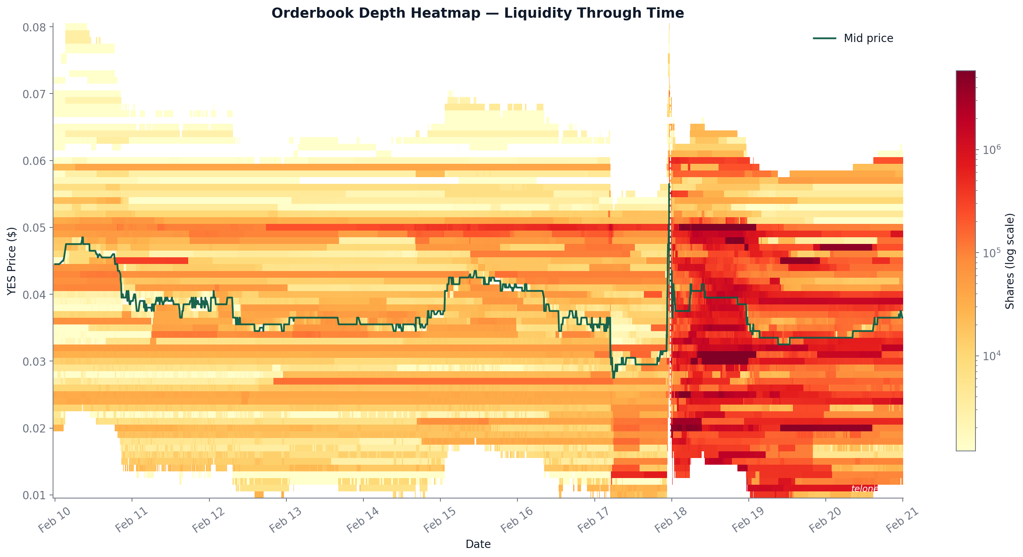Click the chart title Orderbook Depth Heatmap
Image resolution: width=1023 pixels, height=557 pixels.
pyautogui.click(x=477, y=13)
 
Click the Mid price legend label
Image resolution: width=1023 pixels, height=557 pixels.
pyautogui.click(x=868, y=38)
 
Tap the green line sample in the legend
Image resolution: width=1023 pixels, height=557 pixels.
pyautogui.click(x=825, y=38)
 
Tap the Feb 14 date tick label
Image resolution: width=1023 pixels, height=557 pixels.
pyautogui.click(x=363, y=520)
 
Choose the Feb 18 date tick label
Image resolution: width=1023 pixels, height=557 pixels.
pyautogui.click(x=671, y=520)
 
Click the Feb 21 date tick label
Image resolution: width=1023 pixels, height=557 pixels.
pyautogui.click(x=902, y=520)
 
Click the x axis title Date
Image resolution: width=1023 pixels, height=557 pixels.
pyautogui.click(x=478, y=544)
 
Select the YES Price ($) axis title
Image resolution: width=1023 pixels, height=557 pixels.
pyautogui.click(x=11, y=261)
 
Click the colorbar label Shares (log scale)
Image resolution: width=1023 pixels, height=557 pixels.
pyautogui.click(x=1010, y=261)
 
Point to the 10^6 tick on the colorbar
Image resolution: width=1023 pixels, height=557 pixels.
pyautogui.click(x=991, y=150)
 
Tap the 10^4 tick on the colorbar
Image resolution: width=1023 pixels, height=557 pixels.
pyautogui.click(x=991, y=356)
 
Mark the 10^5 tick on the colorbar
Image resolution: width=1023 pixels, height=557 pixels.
pyautogui.click(x=991, y=253)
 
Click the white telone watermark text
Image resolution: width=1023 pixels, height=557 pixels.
pyautogui.click(x=864, y=489)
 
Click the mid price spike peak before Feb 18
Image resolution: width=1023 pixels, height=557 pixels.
pyautogui.click(x=669, y=185)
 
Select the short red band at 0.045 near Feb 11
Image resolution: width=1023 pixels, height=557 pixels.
pyautogui.click(x=151, y=261)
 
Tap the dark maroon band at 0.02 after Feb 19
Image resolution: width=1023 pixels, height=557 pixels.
pyautogui.click(x=826, y=428)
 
